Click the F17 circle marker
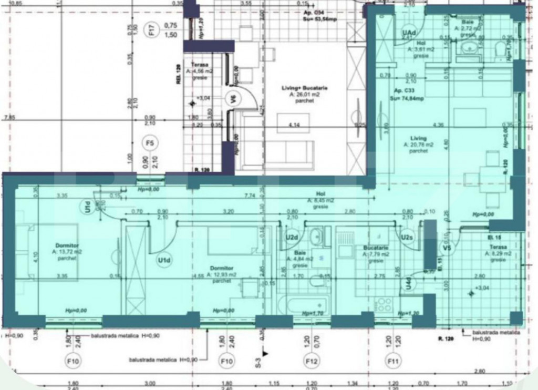tap(152, 32)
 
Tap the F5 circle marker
tap(150, 142)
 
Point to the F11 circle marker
tap(392, 362)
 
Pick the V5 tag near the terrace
tap(447, 248)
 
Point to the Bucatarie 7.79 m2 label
tap(375, 251)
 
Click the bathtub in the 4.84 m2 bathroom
tap(302, 304)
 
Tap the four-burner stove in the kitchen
tap(384, 305)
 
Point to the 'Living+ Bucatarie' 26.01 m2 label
tap(303, 91)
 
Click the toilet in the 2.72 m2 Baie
tap(501, 50)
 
